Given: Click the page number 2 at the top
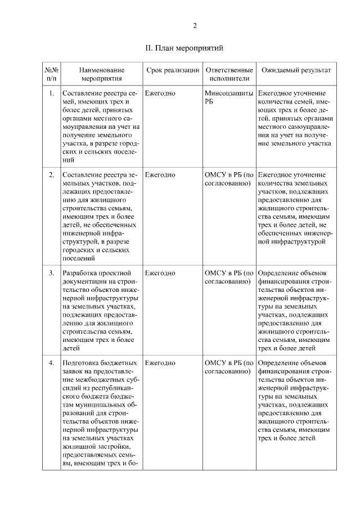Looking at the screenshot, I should click(x=195, y=26).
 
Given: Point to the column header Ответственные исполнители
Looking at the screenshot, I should click(x=227, y=74).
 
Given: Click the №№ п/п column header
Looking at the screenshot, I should click(x=51, y=74).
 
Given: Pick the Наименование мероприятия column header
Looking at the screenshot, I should click(x=101, y=74).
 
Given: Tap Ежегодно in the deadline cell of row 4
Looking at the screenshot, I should click(x=160, y=363).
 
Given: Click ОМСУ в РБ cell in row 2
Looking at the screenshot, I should click(x=228, y=179).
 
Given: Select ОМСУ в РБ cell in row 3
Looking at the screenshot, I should click(x=228, y=277).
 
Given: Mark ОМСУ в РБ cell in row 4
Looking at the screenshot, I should click(x=228, y=367).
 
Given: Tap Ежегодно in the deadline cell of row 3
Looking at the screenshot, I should click(x=160, y=273).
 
